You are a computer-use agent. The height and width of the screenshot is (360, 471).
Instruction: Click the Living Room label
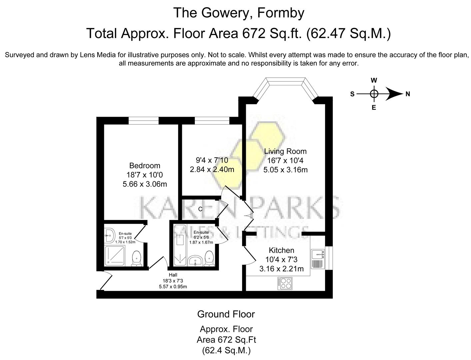[285, 151]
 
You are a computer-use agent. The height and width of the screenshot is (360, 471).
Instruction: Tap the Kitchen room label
[281, 250]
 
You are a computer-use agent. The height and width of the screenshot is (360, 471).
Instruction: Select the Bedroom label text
[145, 166]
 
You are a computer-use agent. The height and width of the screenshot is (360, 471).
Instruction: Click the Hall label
[173, 275]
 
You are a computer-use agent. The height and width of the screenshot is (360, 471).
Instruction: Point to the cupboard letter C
[200, 209]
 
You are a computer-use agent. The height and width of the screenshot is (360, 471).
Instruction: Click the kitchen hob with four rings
[284, 283]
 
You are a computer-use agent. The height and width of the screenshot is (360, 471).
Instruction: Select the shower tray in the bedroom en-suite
[115, 256]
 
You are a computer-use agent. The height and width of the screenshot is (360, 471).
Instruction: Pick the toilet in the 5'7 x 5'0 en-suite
[137, 259]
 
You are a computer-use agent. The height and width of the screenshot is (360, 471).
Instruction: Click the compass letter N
[408, 94]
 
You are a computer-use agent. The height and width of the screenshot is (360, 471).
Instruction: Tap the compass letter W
[374, 80]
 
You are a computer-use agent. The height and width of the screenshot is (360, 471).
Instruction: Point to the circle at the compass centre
[374, 94]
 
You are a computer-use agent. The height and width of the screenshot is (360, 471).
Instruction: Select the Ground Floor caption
[226, 314]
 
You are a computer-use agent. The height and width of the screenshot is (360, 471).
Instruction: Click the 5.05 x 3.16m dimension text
[285, 170]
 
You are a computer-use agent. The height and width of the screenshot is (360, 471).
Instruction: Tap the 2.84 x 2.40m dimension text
[212, 169]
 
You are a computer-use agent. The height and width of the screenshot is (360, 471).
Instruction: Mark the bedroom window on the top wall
[144, 120]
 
